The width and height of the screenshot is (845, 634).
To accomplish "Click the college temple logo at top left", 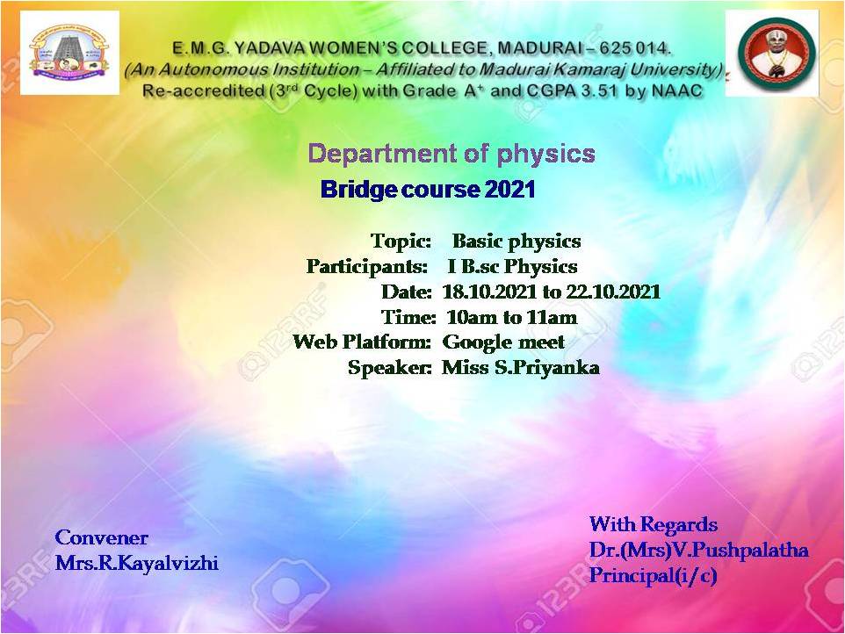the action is coord(69,53).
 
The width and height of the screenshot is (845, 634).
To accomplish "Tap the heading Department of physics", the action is coord(451,154).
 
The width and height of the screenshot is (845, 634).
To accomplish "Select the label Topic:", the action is coord(401,241).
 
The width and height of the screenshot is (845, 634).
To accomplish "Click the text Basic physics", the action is coord(516,241).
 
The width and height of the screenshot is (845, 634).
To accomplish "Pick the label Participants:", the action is coord(367,267).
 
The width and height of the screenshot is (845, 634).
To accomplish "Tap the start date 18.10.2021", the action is coord(489,292).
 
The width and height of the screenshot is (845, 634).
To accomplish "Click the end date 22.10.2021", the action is coord(613,292).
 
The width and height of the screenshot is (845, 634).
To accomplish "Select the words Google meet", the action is coord(503,342).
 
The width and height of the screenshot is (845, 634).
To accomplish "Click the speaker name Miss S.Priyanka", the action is coord(521,368).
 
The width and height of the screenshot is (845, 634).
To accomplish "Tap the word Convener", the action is coord(101,537).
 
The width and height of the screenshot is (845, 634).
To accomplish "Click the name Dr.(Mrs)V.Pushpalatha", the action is coord(699,550).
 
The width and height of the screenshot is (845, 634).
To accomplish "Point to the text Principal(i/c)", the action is coord(654,575).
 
